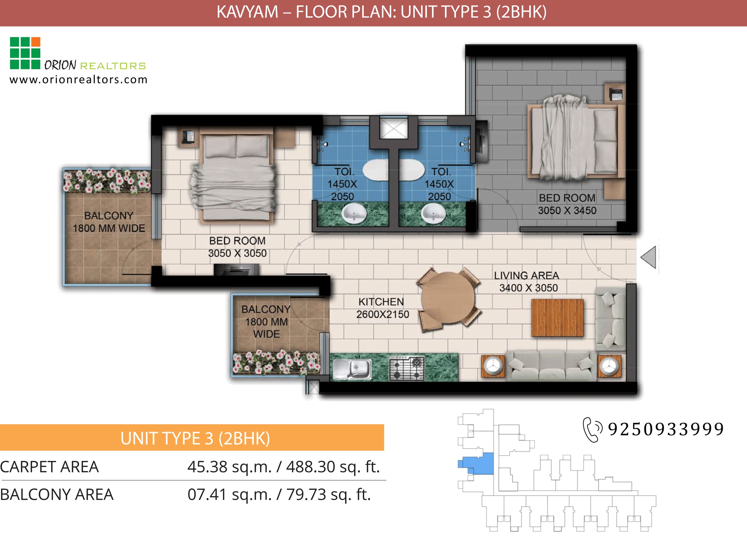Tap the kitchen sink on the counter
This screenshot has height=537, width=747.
click(352, 369)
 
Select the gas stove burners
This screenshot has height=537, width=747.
click(407, 369)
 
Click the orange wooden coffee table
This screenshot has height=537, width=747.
click(557, 318)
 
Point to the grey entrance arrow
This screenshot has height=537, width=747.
click(648, 257)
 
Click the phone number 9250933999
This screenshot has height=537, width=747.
click(666, 429)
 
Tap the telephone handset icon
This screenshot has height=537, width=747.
click(592, 429)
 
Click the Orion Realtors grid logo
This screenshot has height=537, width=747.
click(25, 53)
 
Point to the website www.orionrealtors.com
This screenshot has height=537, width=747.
click(78, 80)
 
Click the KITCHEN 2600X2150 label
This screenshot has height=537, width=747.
click(382, 308)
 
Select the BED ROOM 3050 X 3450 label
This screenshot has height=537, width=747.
click(567, 204)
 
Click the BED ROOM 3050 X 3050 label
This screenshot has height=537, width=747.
click(237, 247)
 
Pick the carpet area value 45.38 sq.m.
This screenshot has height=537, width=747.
click(229, 466)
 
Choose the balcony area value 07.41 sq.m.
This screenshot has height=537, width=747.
click(229, 494)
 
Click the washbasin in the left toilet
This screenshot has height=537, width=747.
click(354, 213)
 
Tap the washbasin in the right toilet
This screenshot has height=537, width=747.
click(434, 213)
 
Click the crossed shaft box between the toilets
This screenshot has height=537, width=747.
click(394, 128)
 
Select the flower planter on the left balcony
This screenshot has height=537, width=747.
click(107, 180)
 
